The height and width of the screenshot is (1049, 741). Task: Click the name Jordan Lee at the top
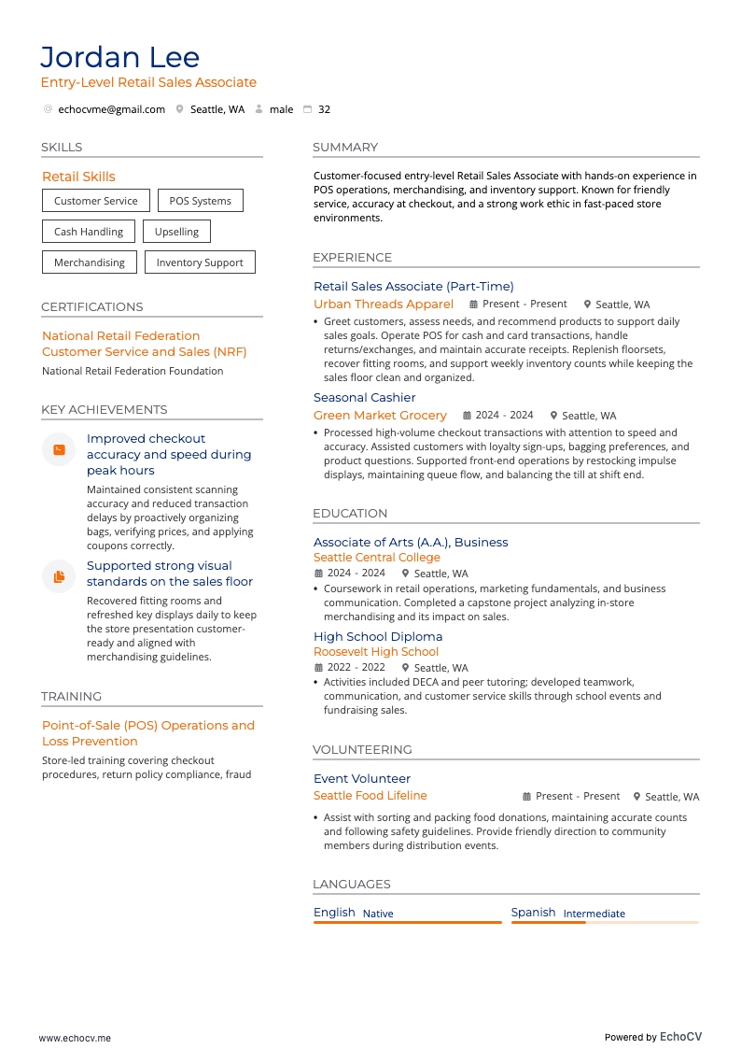coord(119,58)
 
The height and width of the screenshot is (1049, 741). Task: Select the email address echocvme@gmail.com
coord(111,109)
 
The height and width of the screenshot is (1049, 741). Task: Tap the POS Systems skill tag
coord(200,201)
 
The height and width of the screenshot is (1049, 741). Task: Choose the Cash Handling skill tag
coord(89,232)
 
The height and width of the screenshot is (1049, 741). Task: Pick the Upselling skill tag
coord(176,232)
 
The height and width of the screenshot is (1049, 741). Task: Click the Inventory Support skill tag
coord(200,262)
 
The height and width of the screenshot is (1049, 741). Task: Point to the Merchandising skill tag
coord(90,262)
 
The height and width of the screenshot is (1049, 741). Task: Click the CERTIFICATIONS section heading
coord(92,307)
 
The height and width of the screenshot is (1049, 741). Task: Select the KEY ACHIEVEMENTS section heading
coord(105,410)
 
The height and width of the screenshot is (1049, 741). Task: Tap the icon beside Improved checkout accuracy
coord(59,449)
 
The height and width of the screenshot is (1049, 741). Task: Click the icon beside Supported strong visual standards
coord(59,576)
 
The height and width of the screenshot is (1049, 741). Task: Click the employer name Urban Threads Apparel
coord(384,305)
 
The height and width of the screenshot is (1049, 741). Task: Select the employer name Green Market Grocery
coord(380,416)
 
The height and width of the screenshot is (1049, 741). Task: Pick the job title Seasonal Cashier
coord(365,398)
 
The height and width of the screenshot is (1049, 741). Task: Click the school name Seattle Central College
coord(376,558)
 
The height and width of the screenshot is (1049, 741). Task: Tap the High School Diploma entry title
coord(378,637)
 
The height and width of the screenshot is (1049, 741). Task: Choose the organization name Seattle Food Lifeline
coord(370,796)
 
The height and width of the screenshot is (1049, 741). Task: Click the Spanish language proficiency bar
coord(605,923)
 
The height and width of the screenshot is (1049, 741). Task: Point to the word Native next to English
coord(378,914)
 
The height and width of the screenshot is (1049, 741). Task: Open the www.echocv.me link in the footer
coord(75,1038)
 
